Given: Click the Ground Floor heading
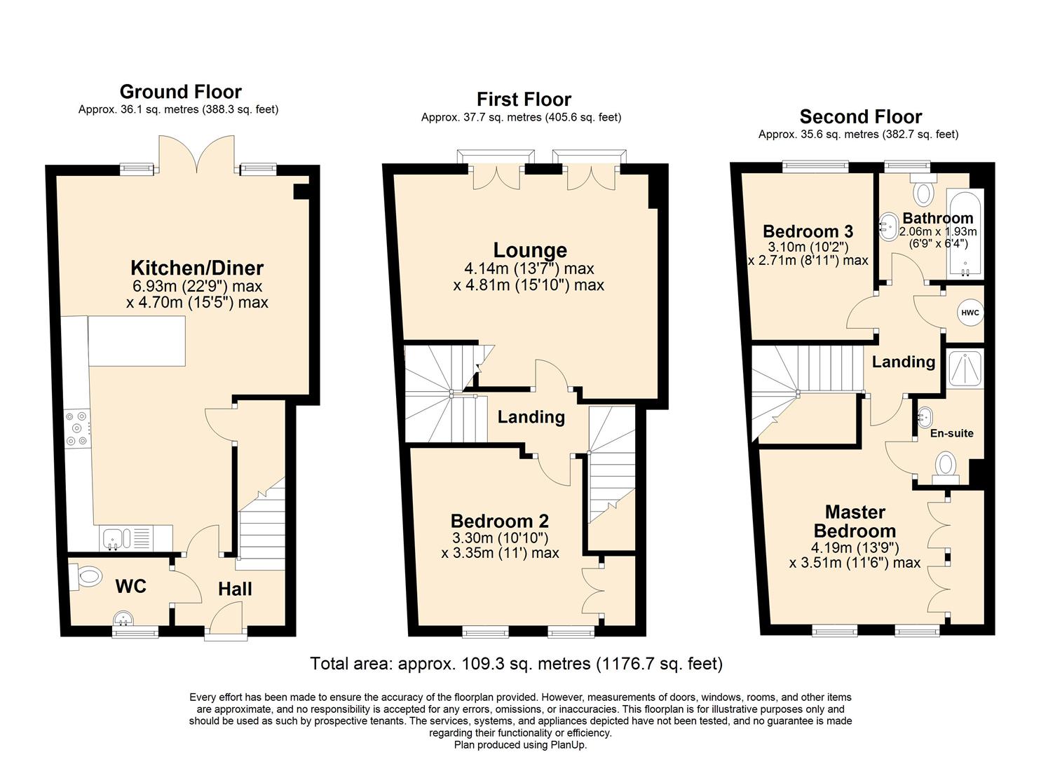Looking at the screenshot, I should tap(180, 92).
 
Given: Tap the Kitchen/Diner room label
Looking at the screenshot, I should tap(197, 268).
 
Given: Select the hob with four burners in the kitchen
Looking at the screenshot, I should tap(76, 428).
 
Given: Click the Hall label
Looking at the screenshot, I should tap(235, 589).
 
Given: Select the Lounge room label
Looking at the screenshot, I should tap(530, 250).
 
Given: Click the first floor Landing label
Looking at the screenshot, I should tap(531, 417).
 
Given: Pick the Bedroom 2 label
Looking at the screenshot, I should tap(499, 521).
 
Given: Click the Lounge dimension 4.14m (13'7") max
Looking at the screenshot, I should tap(529, 268).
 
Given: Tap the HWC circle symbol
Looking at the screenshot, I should tap(970, 313).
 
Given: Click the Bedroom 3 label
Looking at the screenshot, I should tap(808, 231).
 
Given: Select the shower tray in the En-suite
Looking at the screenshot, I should tap(965, 370).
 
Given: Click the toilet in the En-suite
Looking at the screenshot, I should tap(946, 465).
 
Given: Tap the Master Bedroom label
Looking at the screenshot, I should tap(855, 521).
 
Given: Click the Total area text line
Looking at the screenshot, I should tap(516, 663).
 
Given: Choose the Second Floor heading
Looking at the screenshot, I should tap(860, 116).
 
